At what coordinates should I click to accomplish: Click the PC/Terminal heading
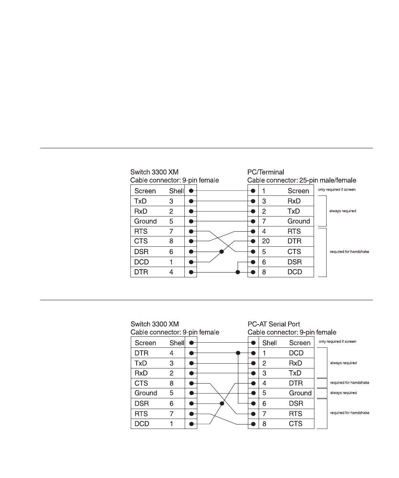266,172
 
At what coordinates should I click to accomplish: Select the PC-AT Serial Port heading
273,324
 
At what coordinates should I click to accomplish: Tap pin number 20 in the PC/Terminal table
266,241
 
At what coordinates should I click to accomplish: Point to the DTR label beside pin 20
294,241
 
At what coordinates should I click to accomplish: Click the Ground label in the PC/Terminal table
299,221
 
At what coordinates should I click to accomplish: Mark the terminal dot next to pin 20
253,242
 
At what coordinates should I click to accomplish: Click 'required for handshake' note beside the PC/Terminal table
349,252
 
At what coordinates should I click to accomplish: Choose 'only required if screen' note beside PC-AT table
337,342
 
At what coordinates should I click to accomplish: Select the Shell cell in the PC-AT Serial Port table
270,343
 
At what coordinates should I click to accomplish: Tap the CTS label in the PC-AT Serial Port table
296,424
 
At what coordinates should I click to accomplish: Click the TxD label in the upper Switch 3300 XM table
140,201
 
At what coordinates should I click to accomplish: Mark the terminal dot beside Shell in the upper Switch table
191,191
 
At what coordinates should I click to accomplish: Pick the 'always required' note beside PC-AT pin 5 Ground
344,393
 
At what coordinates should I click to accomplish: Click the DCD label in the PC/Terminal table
295,272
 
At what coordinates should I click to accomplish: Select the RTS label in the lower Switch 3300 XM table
141,414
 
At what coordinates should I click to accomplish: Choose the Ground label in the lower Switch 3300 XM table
146,393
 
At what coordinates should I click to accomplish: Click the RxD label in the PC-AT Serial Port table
296,363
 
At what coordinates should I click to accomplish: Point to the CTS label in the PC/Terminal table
294,252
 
